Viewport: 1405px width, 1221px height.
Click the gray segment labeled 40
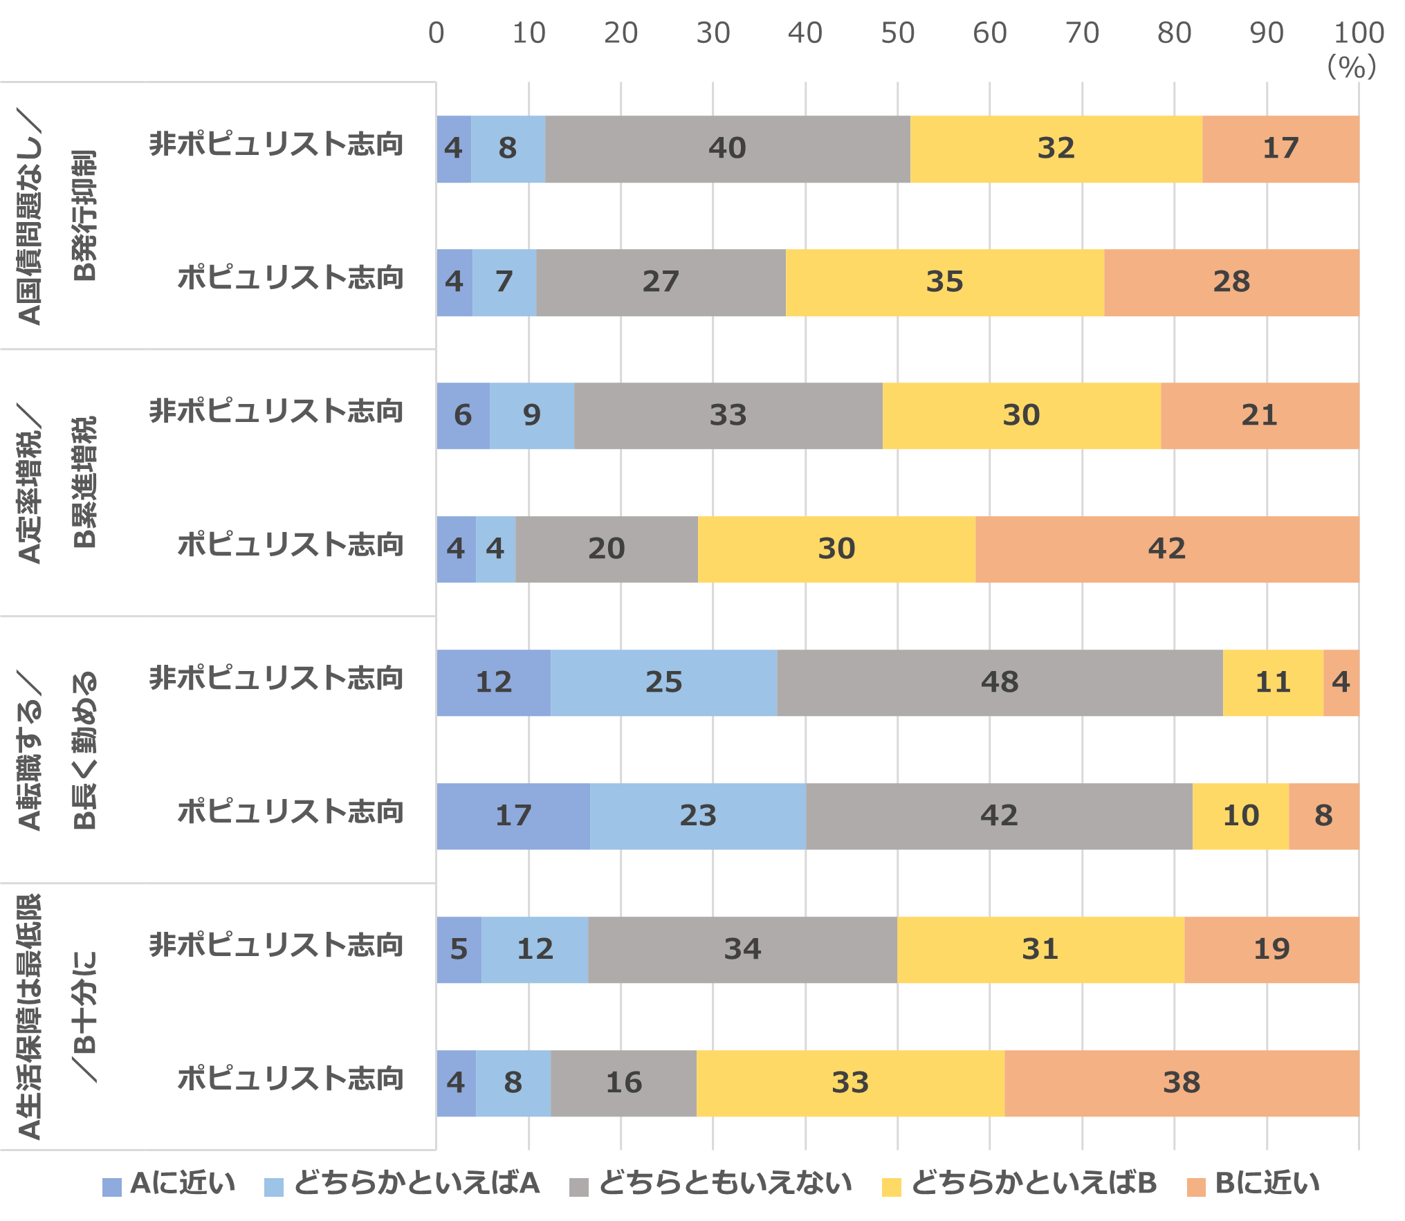(727, 149)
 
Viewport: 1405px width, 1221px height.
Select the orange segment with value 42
(1167, 549)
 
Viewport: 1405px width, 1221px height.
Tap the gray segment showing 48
(1000, 683)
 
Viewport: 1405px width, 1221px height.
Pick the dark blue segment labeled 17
(513, 816)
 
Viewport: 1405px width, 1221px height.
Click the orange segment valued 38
(1182, 1083)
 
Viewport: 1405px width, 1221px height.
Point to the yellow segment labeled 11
(1273, 683)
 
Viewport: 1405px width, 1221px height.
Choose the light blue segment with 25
(663, 683)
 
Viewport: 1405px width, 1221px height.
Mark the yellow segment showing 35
(944, 282)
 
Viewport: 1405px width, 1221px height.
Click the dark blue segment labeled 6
(463, 416)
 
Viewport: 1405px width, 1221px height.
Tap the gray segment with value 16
(623, 1083)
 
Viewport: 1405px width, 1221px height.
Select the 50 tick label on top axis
(897, 33)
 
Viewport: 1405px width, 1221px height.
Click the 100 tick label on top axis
(1359, 33)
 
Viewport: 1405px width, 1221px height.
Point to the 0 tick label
(436, 33)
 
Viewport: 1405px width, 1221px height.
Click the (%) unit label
(1351, 68)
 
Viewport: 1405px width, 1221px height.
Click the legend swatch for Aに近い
(111, 1186)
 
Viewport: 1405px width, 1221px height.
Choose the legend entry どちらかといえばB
(1034, 1184)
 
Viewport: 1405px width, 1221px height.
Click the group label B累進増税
(85, 482)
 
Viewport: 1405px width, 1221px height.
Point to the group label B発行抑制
(85, 215)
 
